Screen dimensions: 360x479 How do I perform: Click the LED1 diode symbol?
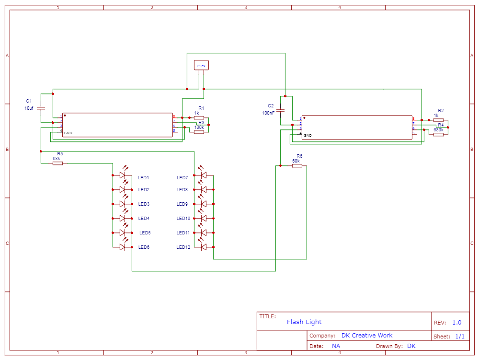122,175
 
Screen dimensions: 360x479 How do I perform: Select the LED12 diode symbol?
204,247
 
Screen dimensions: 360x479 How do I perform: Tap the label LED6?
144,247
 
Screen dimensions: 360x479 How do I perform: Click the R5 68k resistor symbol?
57,163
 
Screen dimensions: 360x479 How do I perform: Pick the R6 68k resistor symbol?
297,166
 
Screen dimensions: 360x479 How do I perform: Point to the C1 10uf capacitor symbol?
41,108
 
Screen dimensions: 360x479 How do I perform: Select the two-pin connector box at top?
201,65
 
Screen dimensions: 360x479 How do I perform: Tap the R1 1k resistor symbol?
199,117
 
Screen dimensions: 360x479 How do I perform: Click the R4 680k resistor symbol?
438,135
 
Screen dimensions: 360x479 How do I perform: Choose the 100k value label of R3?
199,128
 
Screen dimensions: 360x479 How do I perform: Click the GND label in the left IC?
68,133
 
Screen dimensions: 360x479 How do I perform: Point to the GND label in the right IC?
308,136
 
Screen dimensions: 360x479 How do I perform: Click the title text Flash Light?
304,322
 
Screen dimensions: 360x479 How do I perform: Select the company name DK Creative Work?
366,336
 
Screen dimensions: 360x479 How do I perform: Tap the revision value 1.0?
456,323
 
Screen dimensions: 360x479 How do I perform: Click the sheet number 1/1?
459,337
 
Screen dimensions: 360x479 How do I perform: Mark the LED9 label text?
182,204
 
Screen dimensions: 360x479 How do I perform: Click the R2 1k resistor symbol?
438,120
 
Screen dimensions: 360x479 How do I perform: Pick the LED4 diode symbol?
122,218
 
